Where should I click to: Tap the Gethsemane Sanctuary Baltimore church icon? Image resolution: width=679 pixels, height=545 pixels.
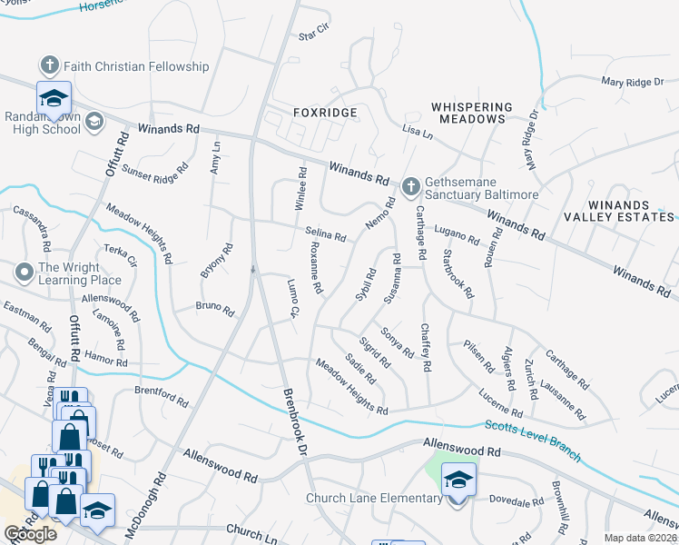click(x=409, y=186)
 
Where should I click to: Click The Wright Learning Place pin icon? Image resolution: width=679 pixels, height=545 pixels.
click(x=24, y=271)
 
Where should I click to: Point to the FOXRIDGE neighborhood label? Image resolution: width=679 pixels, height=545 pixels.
click(x=324, y=113)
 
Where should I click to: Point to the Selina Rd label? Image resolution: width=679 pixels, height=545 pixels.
click(x=326, y=234)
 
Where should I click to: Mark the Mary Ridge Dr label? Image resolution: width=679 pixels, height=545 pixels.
click(x=633, y=83)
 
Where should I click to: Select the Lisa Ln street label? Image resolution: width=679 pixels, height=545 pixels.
click(x=418, y=133)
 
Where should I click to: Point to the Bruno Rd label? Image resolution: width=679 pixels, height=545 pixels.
click(x=215, y=307)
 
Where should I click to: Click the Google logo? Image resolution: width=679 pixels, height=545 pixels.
click(x=30, y=534)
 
